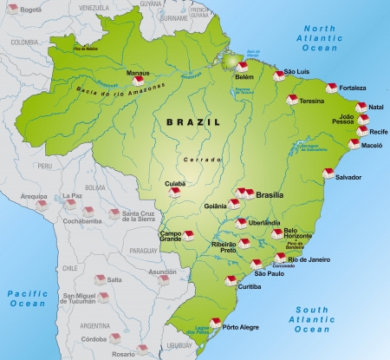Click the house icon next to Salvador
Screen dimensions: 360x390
point(328,173)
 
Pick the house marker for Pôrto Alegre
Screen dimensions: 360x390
point(215,323)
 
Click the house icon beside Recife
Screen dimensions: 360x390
point(360,132)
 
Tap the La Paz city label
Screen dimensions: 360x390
point(72,197)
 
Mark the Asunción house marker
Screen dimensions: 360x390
point(163,279)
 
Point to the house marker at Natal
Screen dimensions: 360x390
point(361,107)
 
